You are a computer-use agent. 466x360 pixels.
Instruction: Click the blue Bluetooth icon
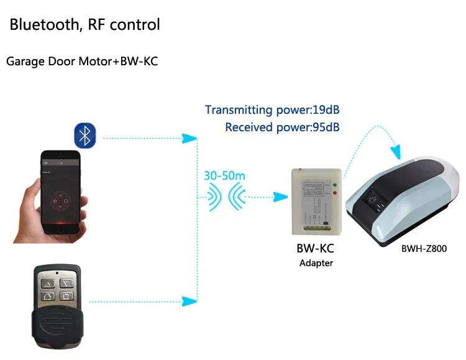85,135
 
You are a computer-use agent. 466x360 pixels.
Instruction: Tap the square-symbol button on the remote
67,296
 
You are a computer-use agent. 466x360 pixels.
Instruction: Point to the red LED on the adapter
336,195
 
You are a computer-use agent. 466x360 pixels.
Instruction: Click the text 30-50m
224,175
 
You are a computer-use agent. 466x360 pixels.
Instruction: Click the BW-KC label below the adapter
316,249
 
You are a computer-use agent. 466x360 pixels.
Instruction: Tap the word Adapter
316,263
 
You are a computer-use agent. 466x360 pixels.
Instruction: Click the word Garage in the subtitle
23,62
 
